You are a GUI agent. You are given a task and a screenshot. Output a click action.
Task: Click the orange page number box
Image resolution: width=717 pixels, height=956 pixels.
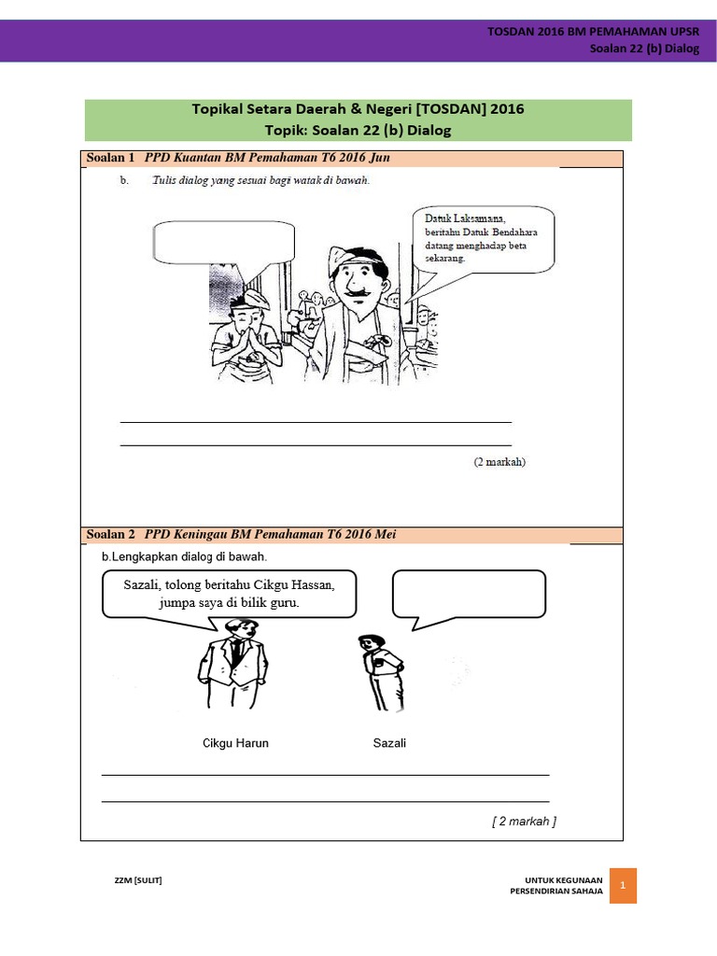tap(623, 884)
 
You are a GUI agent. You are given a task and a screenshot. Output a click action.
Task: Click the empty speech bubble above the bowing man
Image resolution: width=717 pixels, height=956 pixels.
tap(222, 242)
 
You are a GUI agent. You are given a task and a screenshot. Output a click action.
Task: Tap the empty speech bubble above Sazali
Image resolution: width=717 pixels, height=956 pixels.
tap(469, 594)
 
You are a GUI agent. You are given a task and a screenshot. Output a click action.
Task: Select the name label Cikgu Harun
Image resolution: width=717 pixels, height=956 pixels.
tap(235, 743)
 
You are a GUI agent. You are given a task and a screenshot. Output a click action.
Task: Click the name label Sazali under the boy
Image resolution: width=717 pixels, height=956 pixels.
tap(389, 743)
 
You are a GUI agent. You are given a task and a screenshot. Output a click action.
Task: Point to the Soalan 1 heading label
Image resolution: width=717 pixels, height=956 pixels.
tap(110, 158)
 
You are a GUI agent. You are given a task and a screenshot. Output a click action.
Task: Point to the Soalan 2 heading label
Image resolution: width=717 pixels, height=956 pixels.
tap(110, 535)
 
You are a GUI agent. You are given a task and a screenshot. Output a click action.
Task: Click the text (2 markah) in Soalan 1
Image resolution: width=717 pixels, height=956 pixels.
tap(499, 462)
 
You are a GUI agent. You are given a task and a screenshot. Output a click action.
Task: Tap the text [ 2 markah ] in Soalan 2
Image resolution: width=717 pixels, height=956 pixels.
tap(524, 822)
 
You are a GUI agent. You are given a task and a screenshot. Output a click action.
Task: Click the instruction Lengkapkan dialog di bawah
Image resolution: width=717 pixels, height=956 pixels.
tap(184, 556)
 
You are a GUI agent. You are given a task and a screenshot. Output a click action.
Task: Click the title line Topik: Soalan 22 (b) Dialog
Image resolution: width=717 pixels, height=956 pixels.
tap(358, 130)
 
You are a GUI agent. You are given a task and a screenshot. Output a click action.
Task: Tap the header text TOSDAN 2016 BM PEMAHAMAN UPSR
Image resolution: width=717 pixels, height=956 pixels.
tap(593, 32)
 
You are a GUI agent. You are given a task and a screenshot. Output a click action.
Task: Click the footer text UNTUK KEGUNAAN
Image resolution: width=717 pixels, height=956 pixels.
tap(563, 879)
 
